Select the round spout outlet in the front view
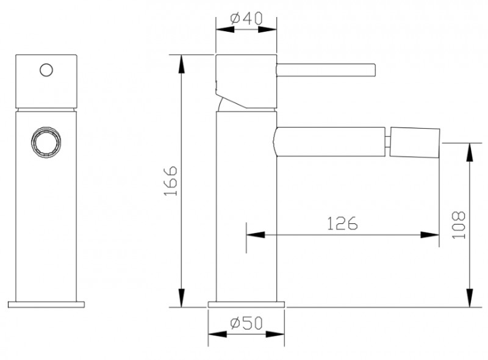46,142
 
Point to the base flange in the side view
246,304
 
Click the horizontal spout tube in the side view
329,138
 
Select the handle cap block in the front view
46,82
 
